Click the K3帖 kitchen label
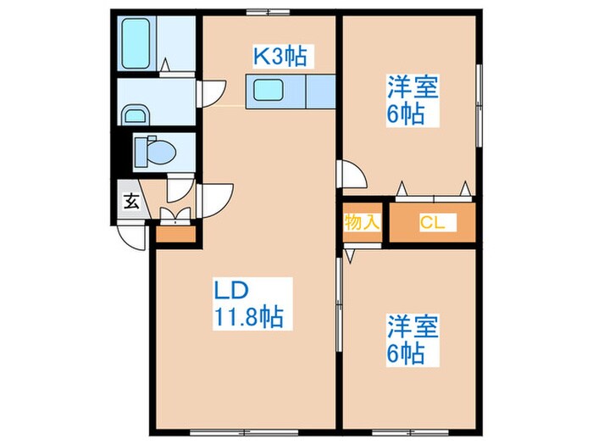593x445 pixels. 280,57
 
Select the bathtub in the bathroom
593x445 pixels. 136,39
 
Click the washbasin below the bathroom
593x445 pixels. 133,114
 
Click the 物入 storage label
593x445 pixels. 363,222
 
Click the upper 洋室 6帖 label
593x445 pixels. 413,100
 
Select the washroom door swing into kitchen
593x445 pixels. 210,92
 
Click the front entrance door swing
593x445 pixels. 131,235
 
